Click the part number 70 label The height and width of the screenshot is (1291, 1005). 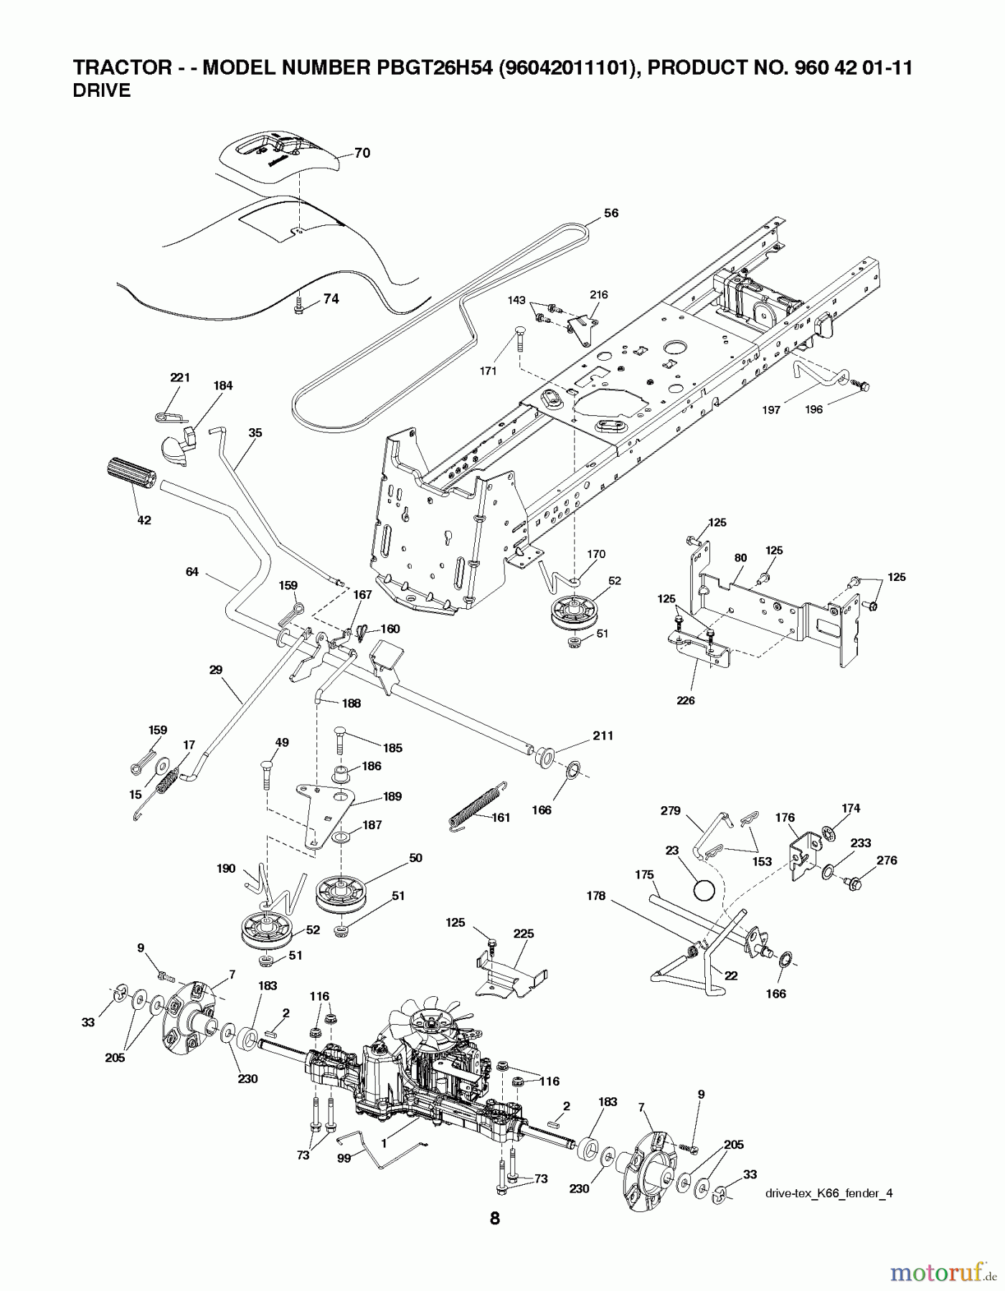(362, 153)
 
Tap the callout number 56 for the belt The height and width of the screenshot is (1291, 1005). (610, 213)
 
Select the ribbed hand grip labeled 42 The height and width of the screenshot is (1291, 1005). (131, 474)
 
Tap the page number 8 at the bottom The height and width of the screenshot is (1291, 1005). (495, 1217)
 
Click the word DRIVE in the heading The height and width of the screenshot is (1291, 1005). (102, 91)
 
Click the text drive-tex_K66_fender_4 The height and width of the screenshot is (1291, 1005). (829, 1193)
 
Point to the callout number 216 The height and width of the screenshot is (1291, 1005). (598, 295)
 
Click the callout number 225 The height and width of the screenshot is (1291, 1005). (524, 934)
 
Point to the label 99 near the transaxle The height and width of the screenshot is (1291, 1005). (344, 1158)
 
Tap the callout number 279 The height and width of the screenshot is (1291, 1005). (670, 810)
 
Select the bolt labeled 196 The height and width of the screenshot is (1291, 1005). (861, 387)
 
